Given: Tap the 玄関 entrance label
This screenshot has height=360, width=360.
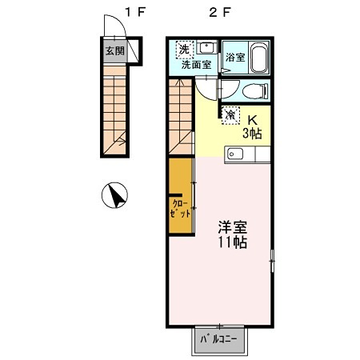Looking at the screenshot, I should pyautogui.click(x=114, y=50).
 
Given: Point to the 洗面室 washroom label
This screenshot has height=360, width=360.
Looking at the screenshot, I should pyautogui.click(x=195, y=65).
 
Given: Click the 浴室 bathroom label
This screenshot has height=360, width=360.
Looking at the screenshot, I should pyautogui.click(x=234, y=58).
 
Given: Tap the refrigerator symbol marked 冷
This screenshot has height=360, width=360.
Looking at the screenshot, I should pyautogui.click(x=230, y=114).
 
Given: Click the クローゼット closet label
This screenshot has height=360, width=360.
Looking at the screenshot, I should pyautogui.click(x=180, y=209).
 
